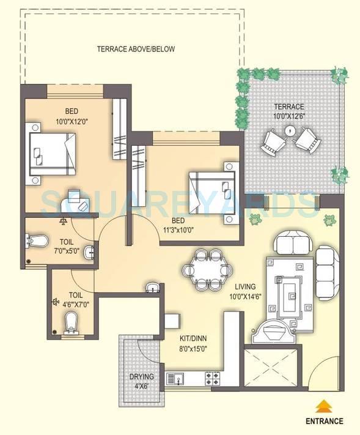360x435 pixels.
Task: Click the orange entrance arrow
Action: [x=325, y=406]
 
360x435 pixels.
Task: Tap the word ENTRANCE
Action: [x=325, y=421]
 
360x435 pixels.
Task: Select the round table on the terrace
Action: [x=291, y=130]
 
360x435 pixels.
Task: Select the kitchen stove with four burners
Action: [x=212, y=377]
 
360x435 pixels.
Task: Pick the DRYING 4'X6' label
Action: [x=142, y=381]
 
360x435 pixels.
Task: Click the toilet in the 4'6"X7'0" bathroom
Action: [x=71, y=322]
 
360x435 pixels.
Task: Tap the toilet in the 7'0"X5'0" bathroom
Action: [x=39, y=240]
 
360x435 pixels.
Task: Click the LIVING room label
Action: [x=243, y=286]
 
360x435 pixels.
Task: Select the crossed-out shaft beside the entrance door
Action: [x=272, y=367]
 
